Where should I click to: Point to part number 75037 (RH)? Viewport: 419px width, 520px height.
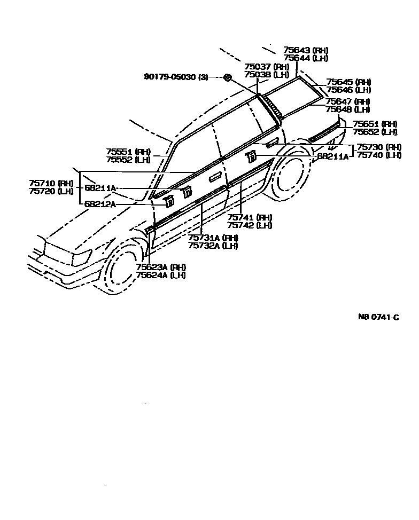tap(267, 67)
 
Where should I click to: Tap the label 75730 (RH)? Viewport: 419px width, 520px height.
tap(379, 147)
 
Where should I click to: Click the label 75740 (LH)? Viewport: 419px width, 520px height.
tap(379, 155)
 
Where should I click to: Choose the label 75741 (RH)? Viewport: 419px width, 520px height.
tap(250, 217)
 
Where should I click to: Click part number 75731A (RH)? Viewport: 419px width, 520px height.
tap(213, 238)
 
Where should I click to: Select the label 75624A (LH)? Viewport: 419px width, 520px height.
tap(160, 275)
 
